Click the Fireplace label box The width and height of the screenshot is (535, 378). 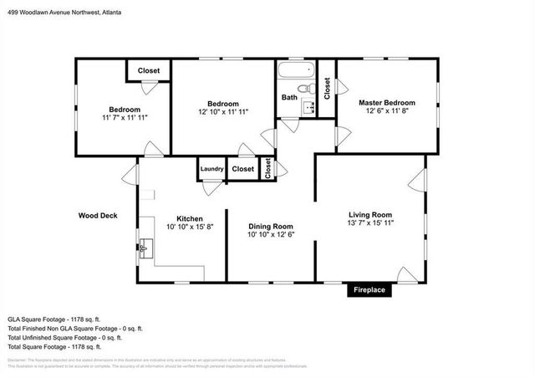368,290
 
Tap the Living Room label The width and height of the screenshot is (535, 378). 370,214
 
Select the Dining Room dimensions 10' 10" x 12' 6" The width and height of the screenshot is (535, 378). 271,235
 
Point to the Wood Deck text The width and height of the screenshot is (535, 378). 98,215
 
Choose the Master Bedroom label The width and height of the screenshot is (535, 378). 387,103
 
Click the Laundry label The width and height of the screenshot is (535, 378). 211,169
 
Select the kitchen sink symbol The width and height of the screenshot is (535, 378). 146,248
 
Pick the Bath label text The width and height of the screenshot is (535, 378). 289,98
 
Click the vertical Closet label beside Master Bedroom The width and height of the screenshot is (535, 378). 327,86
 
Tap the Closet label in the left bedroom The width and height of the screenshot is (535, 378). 149,71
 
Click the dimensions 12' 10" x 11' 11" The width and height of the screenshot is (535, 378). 223,112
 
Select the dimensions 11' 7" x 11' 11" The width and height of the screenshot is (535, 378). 125,118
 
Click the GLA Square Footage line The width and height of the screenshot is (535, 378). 53,319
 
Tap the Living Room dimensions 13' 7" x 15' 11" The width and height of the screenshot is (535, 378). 370,223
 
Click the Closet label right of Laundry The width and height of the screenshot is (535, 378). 243,169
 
